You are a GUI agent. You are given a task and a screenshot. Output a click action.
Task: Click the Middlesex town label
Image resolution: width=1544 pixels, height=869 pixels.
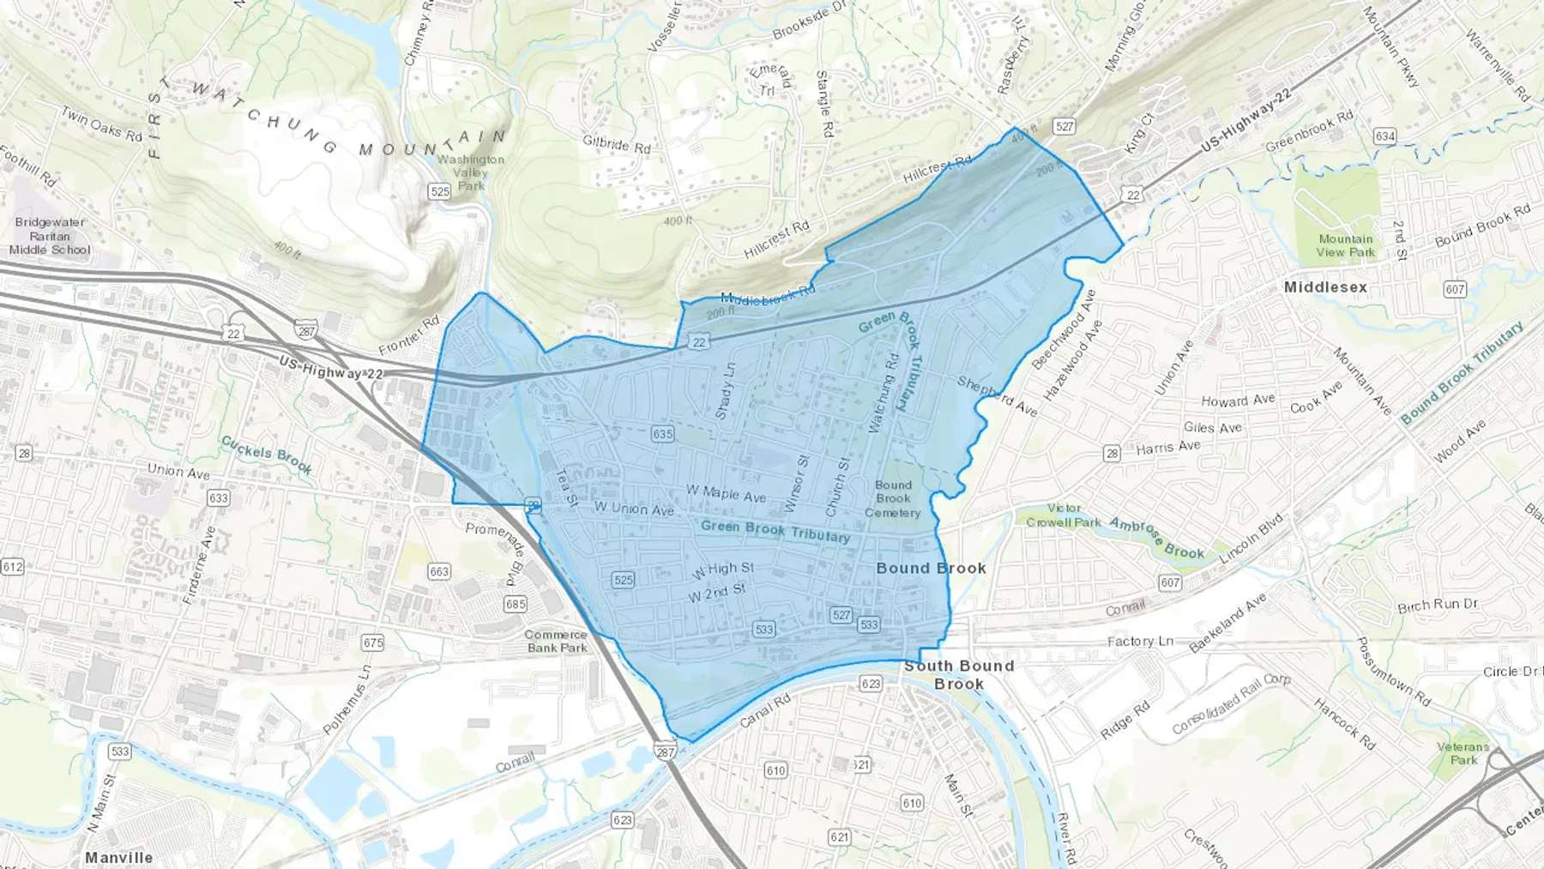[1325, 287]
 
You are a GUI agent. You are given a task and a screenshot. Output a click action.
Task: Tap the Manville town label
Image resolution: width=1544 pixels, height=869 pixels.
[118, 857]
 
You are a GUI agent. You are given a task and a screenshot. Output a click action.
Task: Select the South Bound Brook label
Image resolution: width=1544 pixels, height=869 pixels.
[959, 674]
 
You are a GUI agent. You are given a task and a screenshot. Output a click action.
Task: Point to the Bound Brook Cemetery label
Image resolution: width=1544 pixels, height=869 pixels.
[893, 498]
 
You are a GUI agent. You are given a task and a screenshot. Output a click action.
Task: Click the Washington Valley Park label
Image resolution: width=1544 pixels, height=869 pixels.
[470, 172]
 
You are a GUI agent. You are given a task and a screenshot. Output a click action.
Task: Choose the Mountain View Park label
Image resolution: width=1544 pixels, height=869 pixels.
[1345, 245]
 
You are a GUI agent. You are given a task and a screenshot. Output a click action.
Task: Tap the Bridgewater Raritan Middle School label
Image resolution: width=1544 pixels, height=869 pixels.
[50, 236]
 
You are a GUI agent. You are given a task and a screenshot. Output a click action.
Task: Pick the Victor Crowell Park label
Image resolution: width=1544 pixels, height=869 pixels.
[1064, 515]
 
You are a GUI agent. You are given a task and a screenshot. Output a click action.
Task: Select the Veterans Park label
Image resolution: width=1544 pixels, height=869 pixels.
[1463, 753]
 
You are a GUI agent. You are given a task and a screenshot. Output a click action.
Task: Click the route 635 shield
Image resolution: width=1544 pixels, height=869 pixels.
[662, 433]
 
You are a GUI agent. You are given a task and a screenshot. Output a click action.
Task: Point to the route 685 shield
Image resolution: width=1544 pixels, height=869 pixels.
[516, 604]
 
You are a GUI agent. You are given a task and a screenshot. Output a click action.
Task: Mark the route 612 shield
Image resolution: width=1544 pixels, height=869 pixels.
[13, 566]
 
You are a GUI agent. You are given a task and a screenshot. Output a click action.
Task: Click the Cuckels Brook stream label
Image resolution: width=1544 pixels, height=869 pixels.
[267, 455]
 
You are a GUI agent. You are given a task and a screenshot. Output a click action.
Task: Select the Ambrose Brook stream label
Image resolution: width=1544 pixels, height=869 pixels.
[1157, 538]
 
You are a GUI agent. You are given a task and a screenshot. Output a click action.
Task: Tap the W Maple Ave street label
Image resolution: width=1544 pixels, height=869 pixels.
[726, 493]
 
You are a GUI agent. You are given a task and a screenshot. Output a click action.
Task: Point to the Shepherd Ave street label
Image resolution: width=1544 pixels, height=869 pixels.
[997, 396]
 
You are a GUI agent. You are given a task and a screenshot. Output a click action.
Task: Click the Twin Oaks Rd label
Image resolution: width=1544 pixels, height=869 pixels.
[101, 124]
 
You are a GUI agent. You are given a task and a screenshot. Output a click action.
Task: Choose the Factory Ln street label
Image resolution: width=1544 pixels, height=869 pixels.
[1140, 641]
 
